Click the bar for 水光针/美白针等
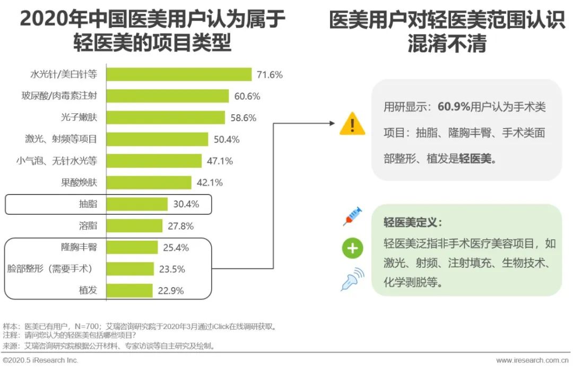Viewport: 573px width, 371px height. [x=179, y=74]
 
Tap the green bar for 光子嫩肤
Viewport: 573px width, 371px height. [x=166, y=117]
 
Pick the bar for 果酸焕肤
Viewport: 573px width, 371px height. [x=149, y=182]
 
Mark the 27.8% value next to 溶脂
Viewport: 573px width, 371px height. [x=180, y=226]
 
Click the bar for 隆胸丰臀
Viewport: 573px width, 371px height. [x=133, y=247]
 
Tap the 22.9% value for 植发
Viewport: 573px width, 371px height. [x=171, y=291]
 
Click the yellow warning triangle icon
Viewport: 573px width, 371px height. [x=352, y=124]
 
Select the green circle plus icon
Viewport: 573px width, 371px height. [x=352, y=249]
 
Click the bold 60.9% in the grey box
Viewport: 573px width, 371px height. [x=454, y=107]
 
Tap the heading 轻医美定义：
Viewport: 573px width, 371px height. [x=413, y=222]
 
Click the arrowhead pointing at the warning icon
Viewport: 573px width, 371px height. [x=332, y=123]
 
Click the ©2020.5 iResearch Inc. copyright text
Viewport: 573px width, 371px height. [x=40, y=360]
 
